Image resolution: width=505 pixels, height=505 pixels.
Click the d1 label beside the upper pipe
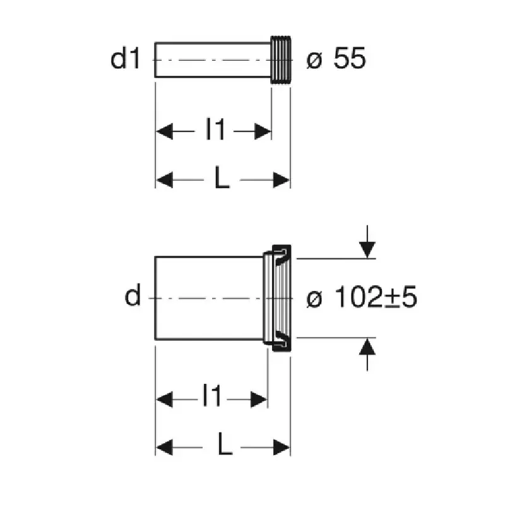coord(125,58)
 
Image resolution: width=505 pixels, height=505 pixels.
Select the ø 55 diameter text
coord(336,58)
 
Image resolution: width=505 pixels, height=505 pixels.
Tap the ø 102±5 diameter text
coord(362,297)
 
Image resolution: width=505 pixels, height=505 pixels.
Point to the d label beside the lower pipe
coord(133,294)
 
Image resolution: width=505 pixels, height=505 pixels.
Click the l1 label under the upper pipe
coord(215,129)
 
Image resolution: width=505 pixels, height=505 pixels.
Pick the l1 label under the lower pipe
coord(211,395)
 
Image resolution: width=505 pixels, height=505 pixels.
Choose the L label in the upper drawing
coord(222,177)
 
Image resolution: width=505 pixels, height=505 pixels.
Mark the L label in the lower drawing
coord(225,444)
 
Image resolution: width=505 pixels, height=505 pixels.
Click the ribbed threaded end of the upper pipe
coord(281,59)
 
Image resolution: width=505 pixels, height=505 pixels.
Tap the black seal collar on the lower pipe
coord(282,298)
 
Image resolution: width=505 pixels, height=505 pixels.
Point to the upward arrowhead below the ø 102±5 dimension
coord(367,347)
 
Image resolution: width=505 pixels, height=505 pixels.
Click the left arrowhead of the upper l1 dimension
coord(164,131)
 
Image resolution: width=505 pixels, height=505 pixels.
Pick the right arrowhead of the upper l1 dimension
coord(263,131)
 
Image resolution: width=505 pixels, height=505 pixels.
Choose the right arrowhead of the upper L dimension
coord(282,180)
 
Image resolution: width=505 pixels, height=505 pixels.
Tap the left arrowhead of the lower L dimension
coord(164,448)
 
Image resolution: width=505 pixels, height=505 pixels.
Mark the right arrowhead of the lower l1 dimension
coord(259,400)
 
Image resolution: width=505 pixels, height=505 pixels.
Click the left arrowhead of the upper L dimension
coord(164,180)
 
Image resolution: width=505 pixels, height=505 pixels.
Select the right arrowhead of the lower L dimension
coord(282,448)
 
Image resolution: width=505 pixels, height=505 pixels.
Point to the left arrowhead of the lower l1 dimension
coord(164,400)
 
